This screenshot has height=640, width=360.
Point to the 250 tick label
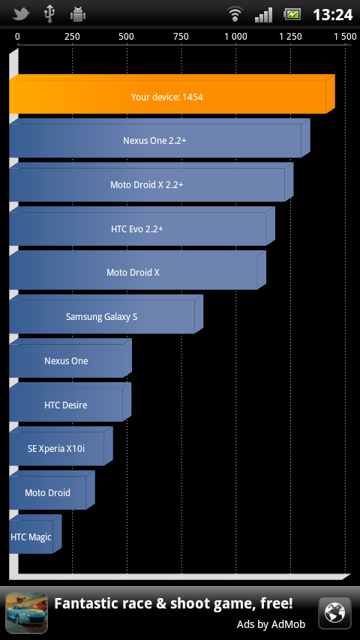click(x=72, y=37)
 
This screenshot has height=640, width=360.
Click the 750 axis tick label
click(x=181, y=37)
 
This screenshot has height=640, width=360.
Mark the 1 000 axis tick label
click(x=235, y=37)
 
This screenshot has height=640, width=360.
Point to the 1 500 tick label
click(x=345, y=37)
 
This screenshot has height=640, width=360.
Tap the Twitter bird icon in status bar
click(x=21, y=14)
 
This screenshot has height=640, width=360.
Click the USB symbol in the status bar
click(x=49, y=14)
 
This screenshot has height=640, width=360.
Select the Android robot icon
click(x=78, y=14)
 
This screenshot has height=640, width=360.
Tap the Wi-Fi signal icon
click(x=235, y=15)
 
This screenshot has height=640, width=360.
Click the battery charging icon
click(x=292, y=15)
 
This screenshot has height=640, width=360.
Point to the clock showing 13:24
click(x=332, y=15)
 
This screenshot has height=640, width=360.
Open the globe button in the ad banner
click(x=334, y=613)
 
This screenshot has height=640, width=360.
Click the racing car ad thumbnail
click(x=26, y=613)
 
